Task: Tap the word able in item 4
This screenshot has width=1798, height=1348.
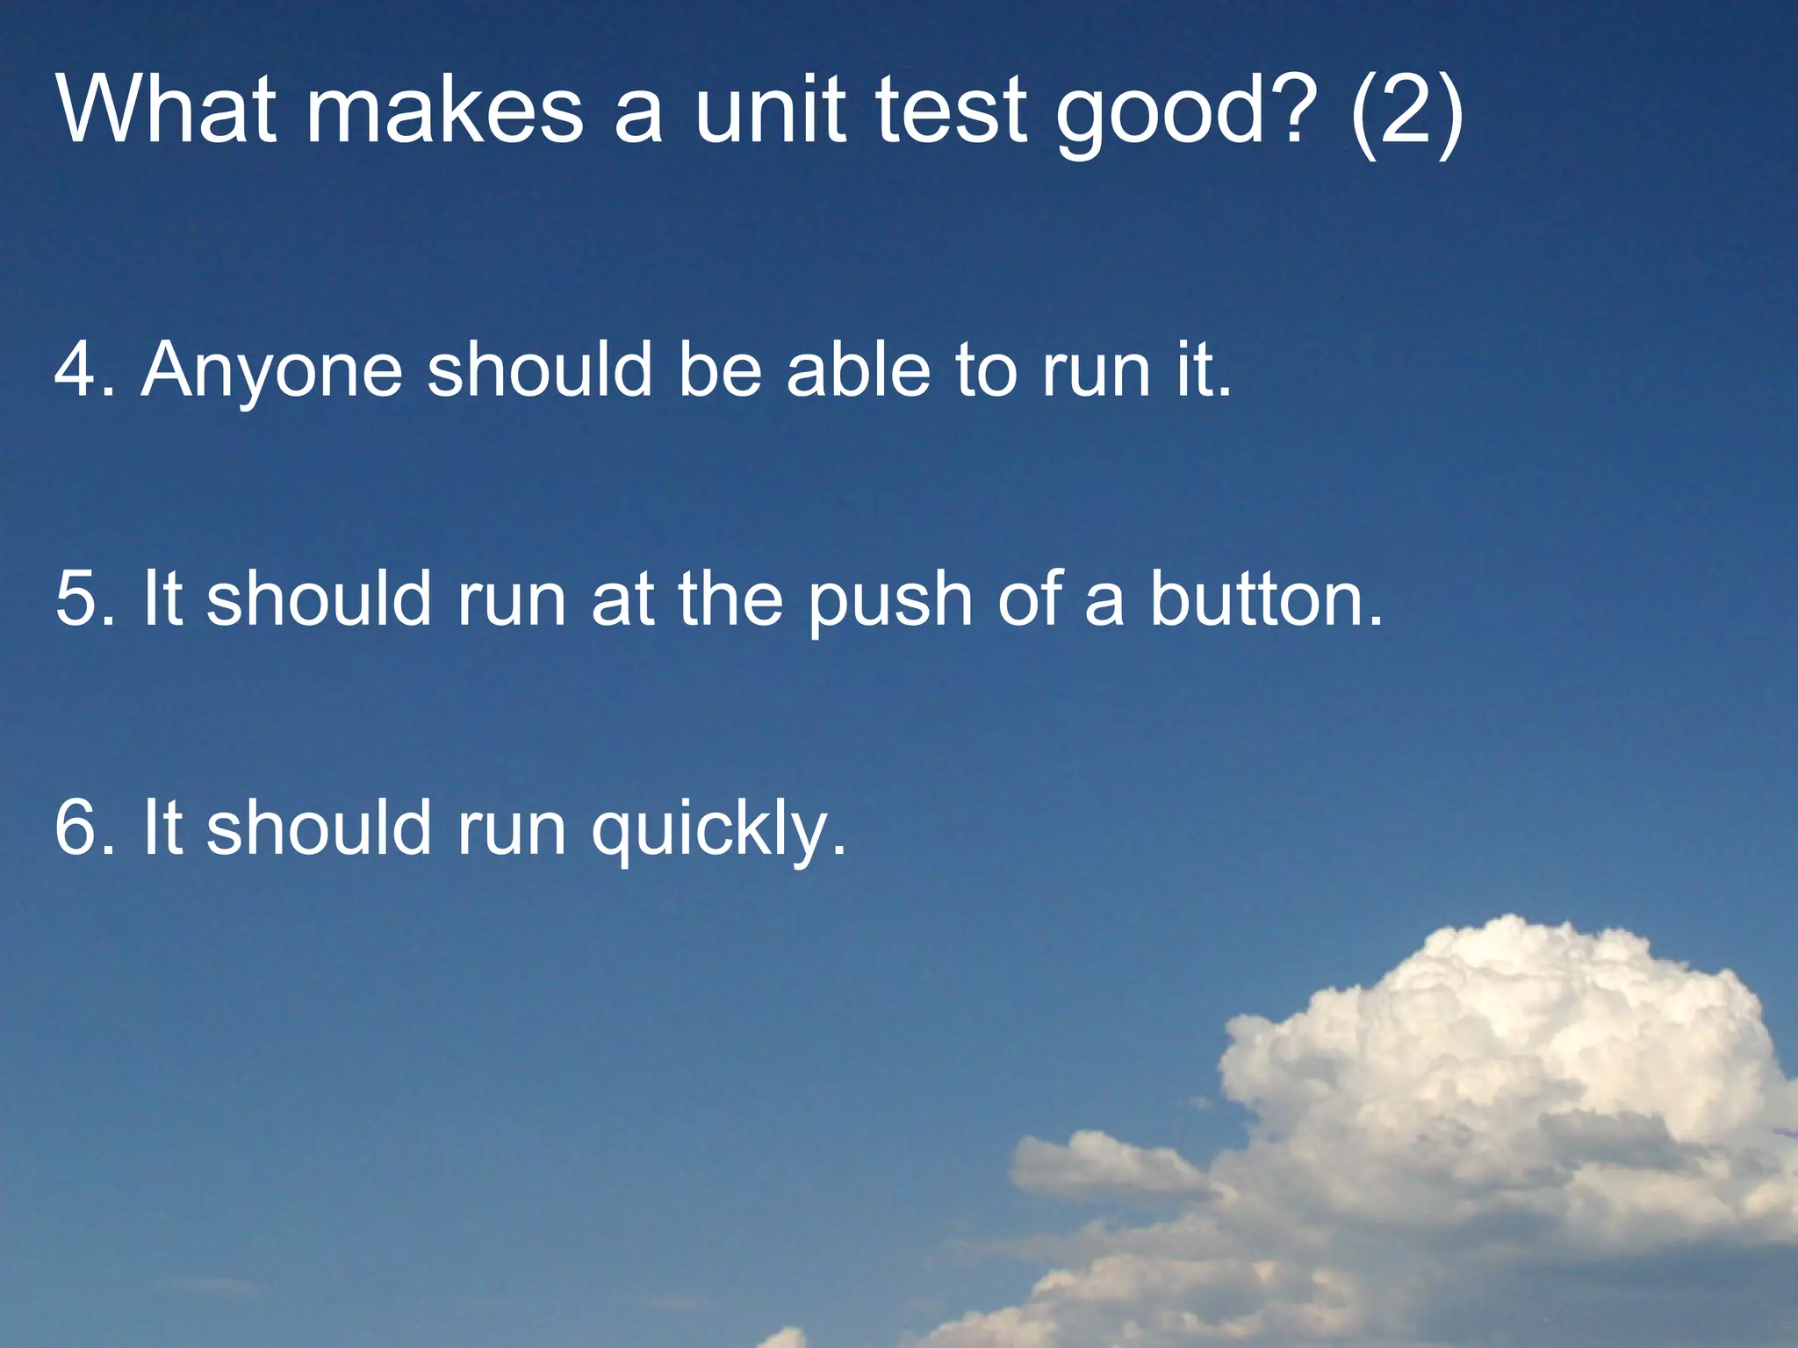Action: pyautogui.click(x=859, y=369)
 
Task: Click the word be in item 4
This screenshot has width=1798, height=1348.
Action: pyautogui.click(x=719, y=369)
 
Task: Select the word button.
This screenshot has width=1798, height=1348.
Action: pyautogui.click(x=1264, y=599)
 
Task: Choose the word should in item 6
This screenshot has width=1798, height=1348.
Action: pyautogui.click(x=320, y=828)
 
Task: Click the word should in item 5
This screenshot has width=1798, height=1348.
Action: pyautogui.click(x=320, y=599)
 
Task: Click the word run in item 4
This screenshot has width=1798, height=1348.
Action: pyautogui.click(x=1096, y=371)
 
